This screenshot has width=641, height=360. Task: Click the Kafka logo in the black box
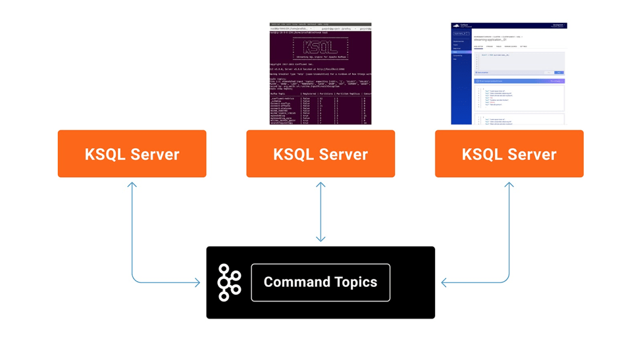(x=229, y=282)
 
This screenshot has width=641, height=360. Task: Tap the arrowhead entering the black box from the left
(x=197, y=283)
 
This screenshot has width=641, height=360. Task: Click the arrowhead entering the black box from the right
(x=445, y=283)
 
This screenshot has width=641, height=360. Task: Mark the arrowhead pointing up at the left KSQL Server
(x=132, y=186)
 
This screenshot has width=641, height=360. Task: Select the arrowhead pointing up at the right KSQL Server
(x=509, y=186)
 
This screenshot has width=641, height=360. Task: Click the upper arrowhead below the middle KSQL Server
(x=320, y=186)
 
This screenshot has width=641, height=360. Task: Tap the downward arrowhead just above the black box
(x=320, y=238)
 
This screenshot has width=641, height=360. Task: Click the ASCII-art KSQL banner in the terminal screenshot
(x=320, y=47)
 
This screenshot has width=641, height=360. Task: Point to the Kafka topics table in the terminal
(x=320, y=108)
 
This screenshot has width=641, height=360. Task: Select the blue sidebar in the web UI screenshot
(x=461, y=79)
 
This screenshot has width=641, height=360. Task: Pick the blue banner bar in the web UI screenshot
(x=519, y=81)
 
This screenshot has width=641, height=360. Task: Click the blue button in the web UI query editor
(x=559, y=72)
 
